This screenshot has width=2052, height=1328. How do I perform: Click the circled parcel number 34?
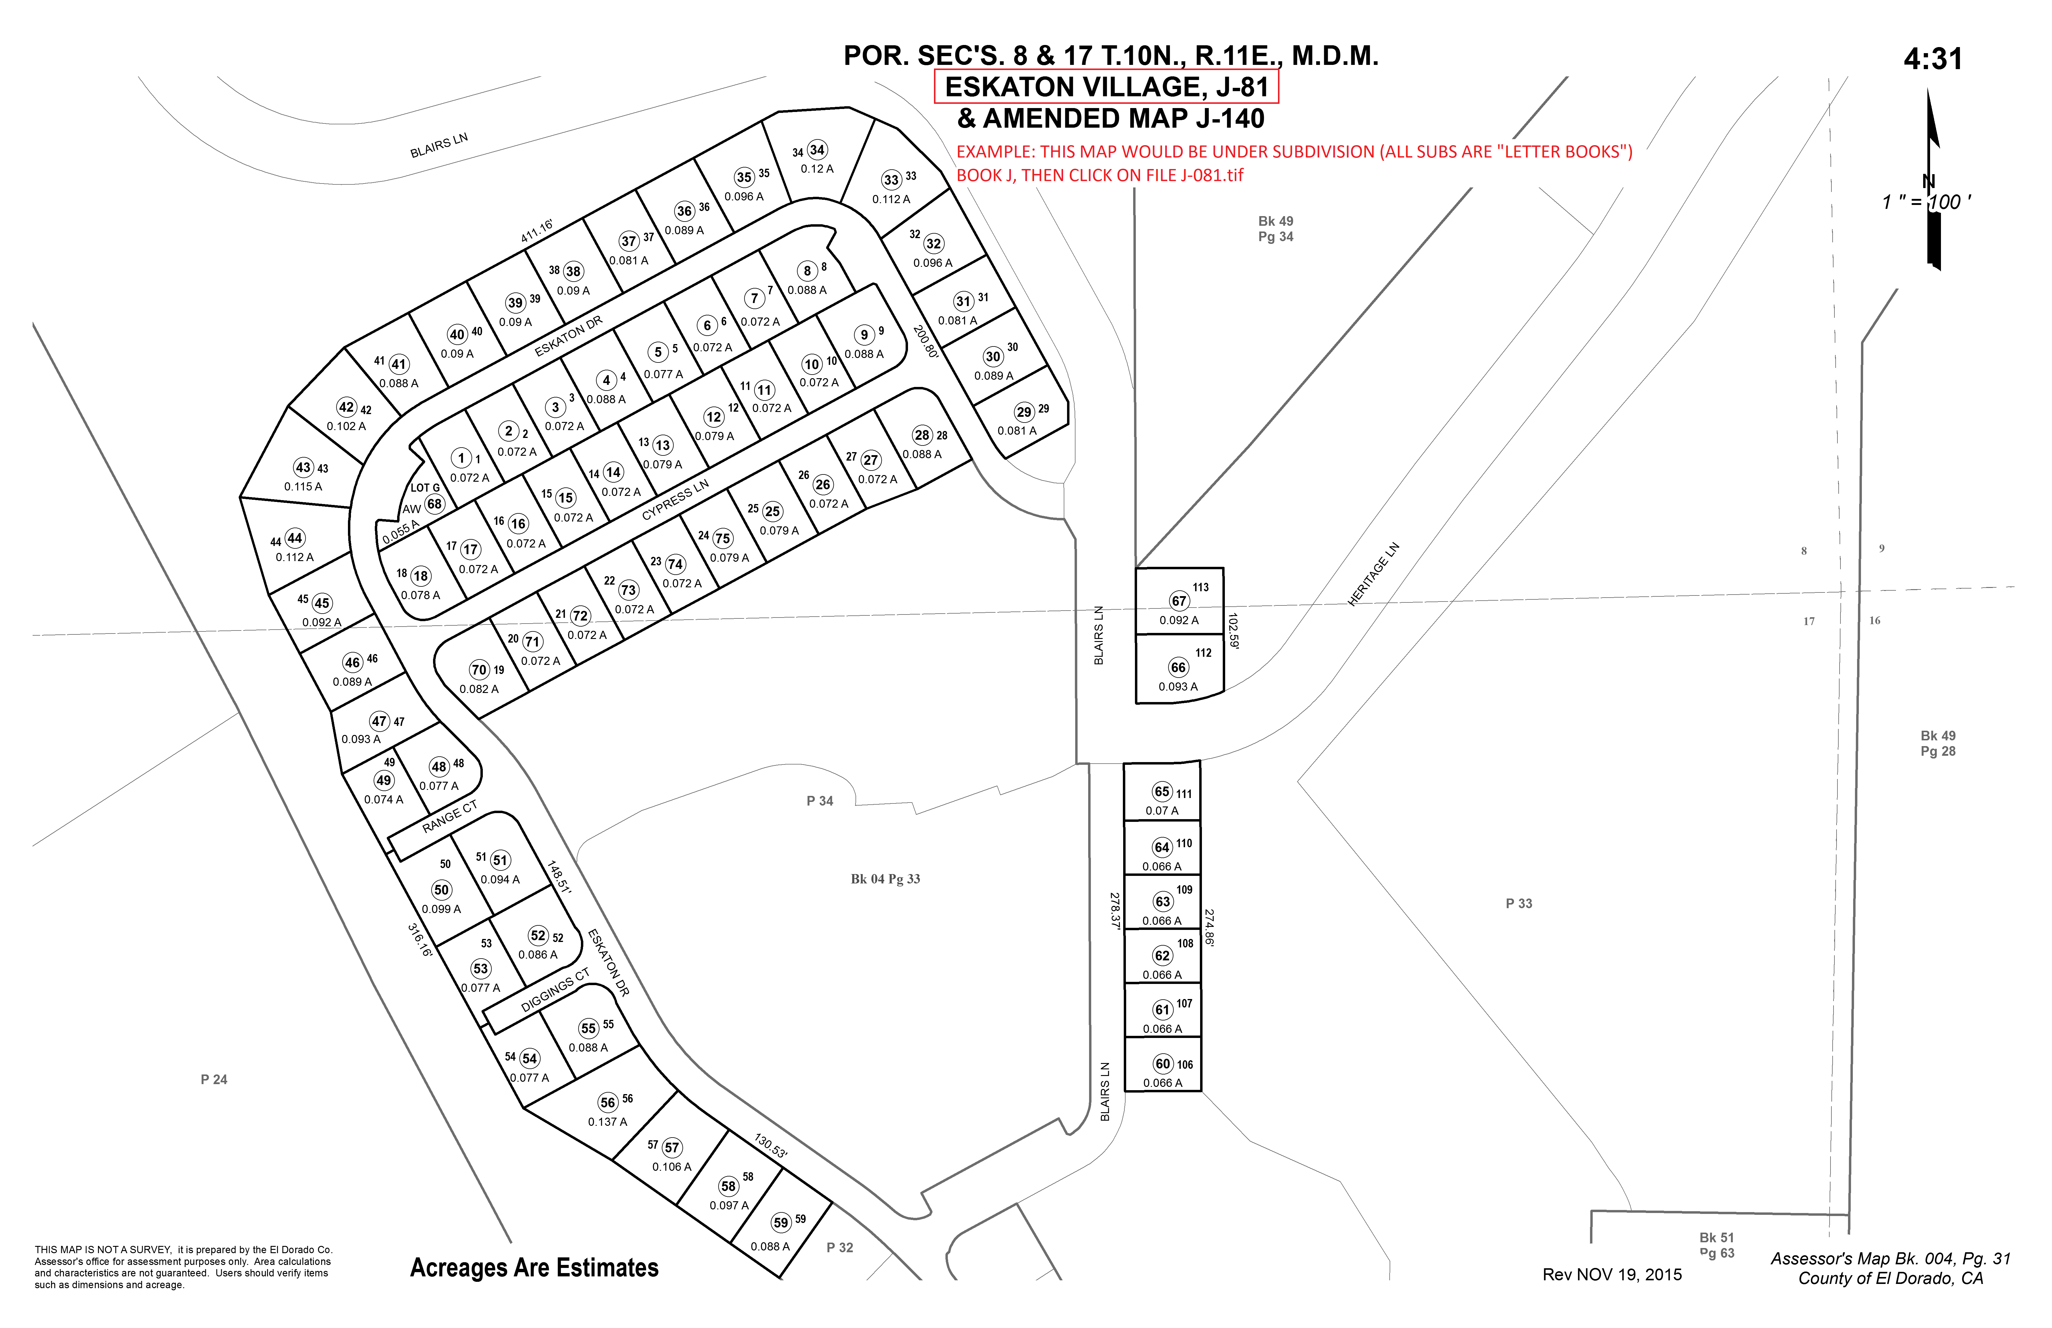pyautogui.click(x=817, y=150)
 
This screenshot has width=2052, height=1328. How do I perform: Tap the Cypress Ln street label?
pyautogui.click(x=675, y=499)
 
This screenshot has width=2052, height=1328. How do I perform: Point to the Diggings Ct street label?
pyautogui.click(x=555, y=991)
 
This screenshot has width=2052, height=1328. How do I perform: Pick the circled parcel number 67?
pyautogui.click(x=1179, y=601)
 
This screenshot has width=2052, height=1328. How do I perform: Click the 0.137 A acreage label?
pyautogui.click(x=608, y=1122)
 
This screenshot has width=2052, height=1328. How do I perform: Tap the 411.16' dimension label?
pyautogui.click(x=537, y=231)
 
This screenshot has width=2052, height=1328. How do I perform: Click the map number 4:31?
pyautogui.click(x=1933, y=59)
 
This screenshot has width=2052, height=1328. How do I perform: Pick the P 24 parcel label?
pyautogui.click(x=214, y=1080)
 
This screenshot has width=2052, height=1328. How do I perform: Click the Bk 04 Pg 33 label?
pyautogui.click(x=885, y=879)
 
